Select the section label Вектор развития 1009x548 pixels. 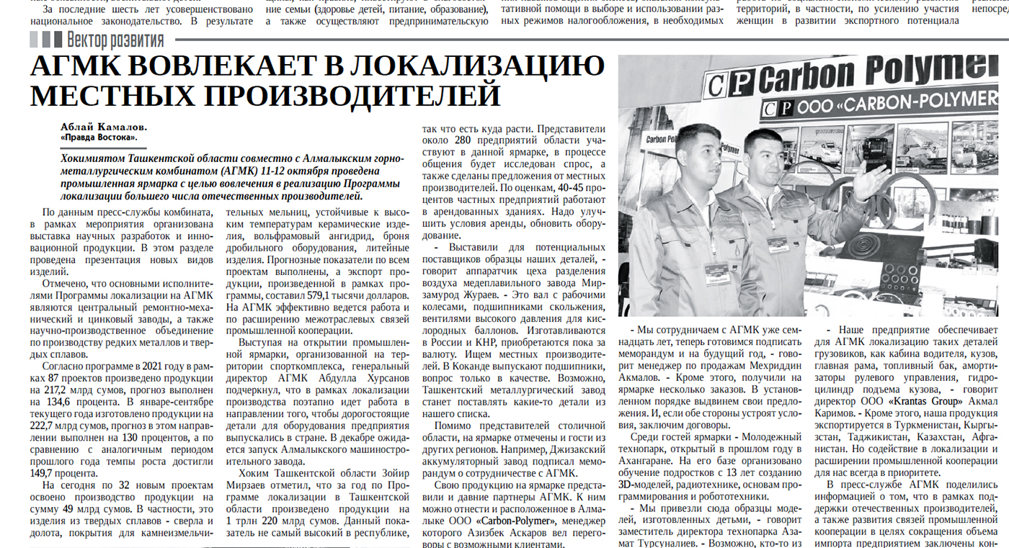(115, 40)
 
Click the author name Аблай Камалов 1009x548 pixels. (104, 127)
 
